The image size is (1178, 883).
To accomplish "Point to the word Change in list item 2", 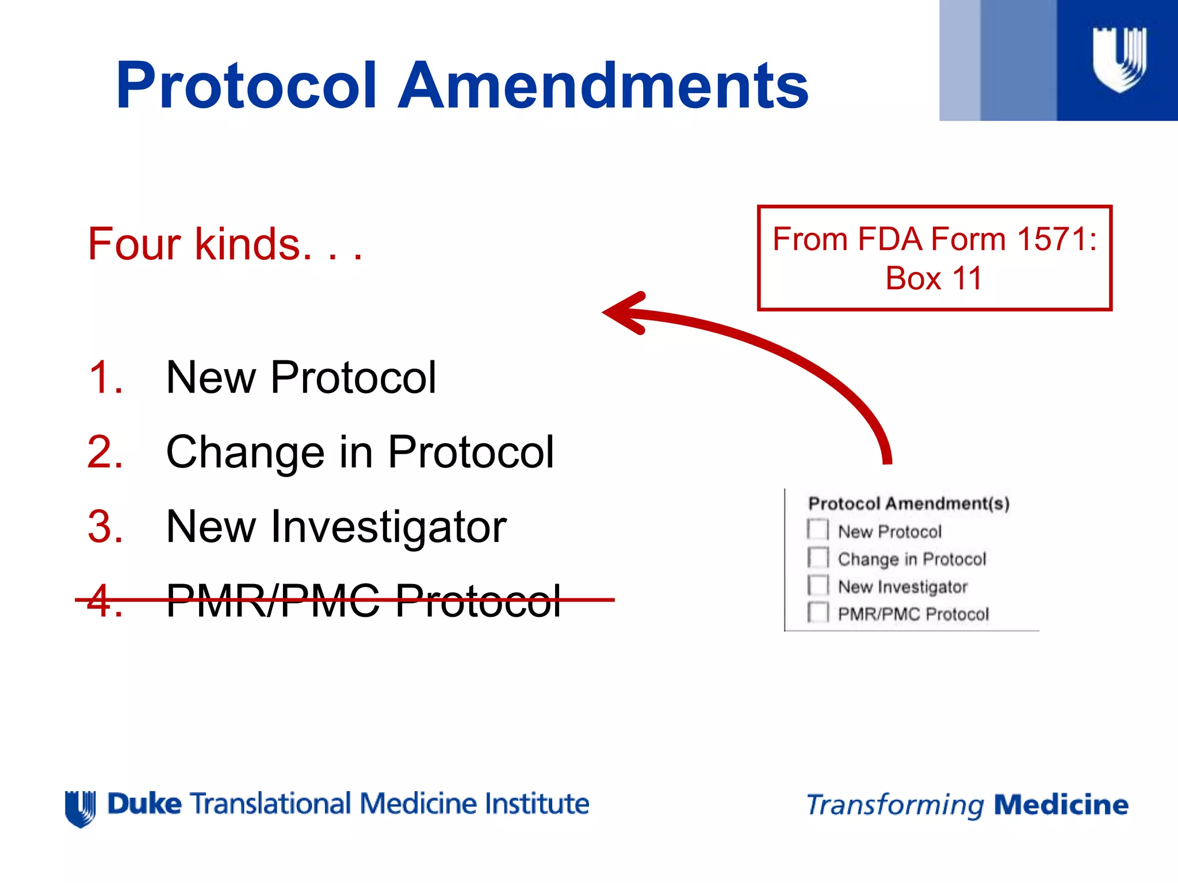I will tap(245, 452).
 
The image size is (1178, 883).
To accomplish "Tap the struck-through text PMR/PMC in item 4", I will tap(273, 601).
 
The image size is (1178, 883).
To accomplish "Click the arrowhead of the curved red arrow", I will tap(624, 313).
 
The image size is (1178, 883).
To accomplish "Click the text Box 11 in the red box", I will tap(933, 279).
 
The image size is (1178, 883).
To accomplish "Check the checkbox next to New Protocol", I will tap(818, 529).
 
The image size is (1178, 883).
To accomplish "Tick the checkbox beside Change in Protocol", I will tap(818, 557).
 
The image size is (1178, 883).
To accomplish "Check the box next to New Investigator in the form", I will tap(818, 585).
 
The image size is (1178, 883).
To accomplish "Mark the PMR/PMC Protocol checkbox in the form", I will tap(818, 612).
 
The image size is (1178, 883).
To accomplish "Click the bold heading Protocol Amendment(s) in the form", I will tap(909, 504).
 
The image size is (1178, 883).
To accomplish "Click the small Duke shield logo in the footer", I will tap(81, 808).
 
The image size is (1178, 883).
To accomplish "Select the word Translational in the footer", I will tap(270, 804).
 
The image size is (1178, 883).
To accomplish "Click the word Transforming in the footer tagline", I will tap(895, 805).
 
